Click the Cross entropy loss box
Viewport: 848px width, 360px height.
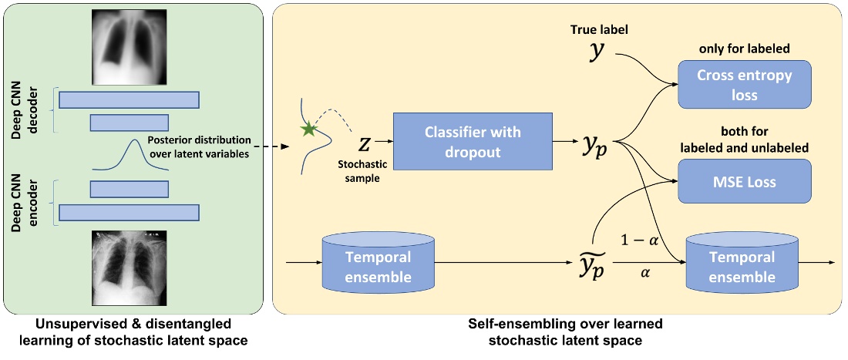click(x=735, y=85)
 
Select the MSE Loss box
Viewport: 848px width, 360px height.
click(x=735, y=182)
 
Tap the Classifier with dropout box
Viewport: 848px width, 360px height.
click(x=473, y=143)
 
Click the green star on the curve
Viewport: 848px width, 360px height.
click(x=309, y=130)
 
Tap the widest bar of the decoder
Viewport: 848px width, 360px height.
click(x=130, y=99)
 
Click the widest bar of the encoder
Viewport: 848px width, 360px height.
click(x=130, y=213)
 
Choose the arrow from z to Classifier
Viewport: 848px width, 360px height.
click(x=385, y=143)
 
